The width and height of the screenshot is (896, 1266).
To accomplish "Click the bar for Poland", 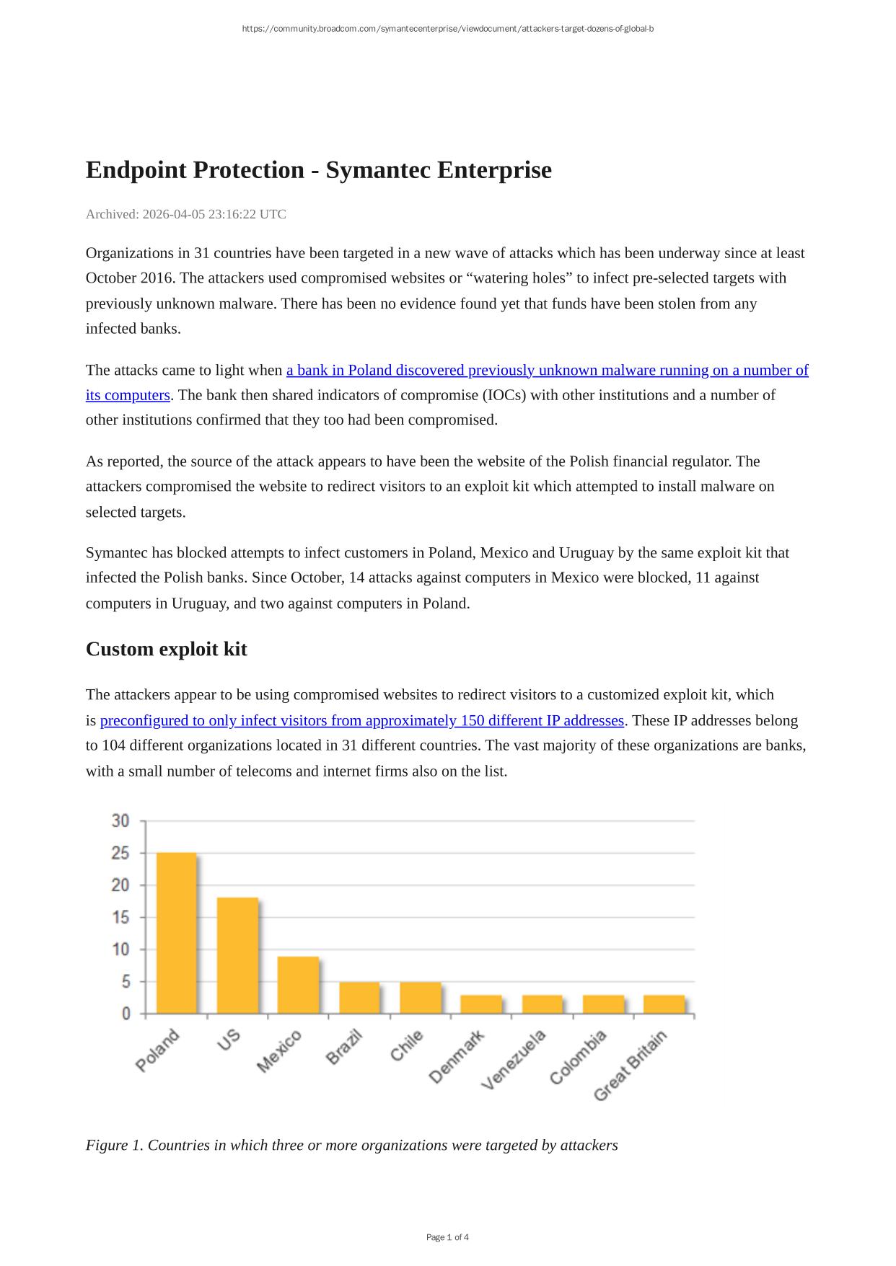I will pos(176,933).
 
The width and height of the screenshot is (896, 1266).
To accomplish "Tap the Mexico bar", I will pos(298,985).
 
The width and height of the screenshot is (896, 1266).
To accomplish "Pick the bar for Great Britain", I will pos(664,1004).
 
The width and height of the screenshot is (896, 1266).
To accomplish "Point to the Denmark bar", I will pos(480,1004).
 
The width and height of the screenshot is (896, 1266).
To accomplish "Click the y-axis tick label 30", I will pos(120,821).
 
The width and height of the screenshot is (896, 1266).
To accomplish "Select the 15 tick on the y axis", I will pos(120,917).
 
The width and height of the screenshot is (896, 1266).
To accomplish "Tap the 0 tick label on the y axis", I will pos(126,1014).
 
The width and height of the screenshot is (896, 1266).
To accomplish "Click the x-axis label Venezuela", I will pos(514,1059).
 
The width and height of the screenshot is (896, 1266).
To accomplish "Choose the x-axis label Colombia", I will pos(578,1057).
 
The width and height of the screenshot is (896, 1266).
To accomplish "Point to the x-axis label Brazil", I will pos(344,1048).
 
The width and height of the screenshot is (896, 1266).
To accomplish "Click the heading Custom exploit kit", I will pos(166,649).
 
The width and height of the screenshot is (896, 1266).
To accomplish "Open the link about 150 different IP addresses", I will pos(361,720).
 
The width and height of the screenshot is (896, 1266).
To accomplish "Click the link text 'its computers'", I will pos(128,395).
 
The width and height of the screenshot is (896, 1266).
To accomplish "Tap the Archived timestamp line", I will pos(185,214).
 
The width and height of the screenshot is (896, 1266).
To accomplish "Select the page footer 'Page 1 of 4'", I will pos(447,1237).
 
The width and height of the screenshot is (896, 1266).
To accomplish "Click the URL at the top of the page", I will pos(447,29).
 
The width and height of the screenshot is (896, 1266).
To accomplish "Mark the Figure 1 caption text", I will pos(351,1145).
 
